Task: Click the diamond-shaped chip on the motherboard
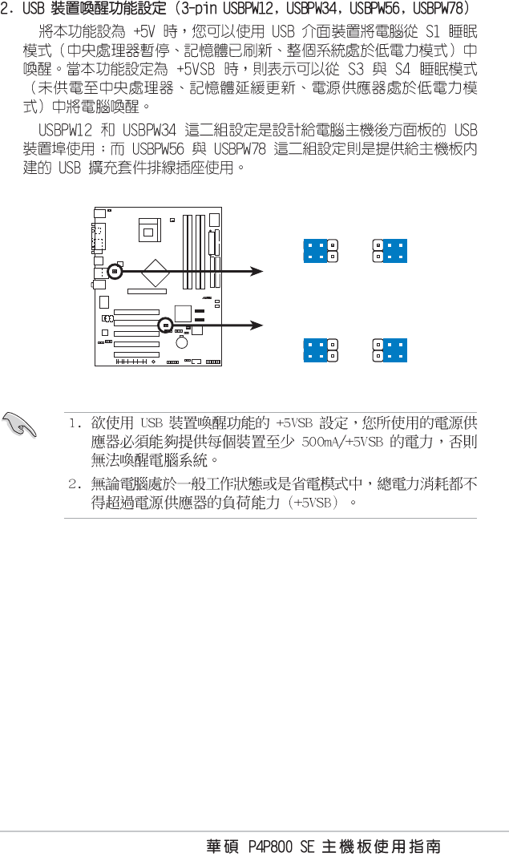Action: click(155, 273)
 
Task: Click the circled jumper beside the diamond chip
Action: click(115, 272)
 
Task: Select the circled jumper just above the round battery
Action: click(165, 325)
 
